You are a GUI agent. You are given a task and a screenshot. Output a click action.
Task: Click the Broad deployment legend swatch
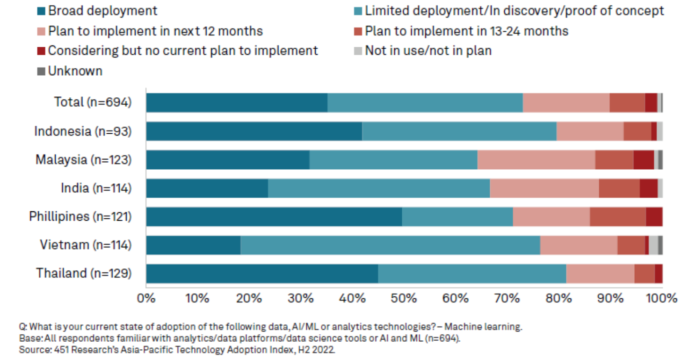42,11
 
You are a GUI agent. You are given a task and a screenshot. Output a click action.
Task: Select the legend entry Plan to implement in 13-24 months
466,31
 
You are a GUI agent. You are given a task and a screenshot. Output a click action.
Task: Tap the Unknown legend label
75,71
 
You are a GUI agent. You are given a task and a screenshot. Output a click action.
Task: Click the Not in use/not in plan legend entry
428,50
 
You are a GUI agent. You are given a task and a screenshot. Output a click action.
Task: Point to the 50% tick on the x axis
404,298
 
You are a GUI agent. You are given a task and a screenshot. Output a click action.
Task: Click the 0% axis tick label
146,298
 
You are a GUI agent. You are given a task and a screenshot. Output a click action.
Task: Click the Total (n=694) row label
93,102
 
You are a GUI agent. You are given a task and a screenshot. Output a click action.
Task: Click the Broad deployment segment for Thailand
262,274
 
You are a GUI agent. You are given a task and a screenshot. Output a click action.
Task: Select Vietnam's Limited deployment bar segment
390,245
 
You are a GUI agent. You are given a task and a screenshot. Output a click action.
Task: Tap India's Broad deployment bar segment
207,188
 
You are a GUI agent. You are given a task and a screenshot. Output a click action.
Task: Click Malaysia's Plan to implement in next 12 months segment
536,159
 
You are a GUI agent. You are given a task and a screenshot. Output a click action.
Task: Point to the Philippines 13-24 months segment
617,216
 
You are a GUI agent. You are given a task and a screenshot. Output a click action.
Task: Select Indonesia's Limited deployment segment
459,131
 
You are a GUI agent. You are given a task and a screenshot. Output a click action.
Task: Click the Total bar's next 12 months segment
566,102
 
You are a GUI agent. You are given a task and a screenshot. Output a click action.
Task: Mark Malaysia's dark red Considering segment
644,159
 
